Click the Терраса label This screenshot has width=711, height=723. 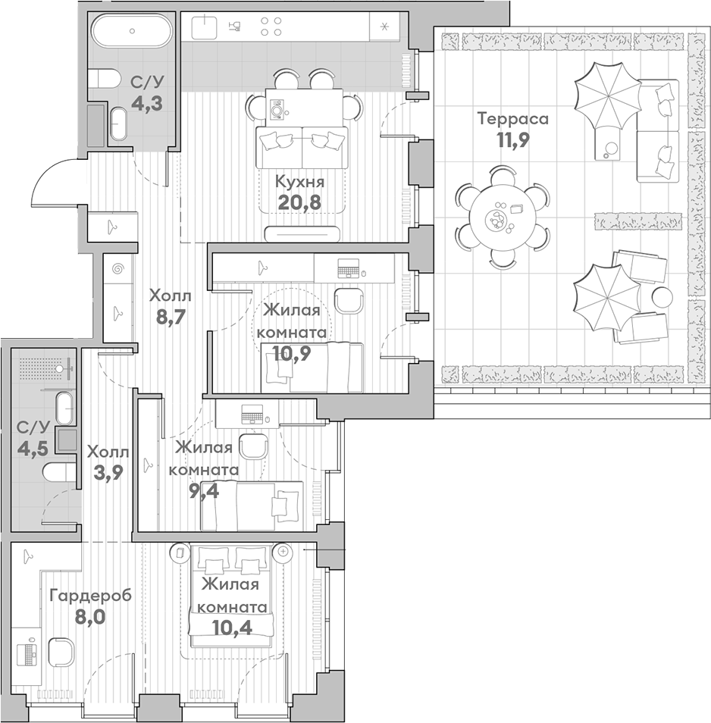(x=512, y=119)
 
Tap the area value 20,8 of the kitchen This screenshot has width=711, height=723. (x=299, y=202)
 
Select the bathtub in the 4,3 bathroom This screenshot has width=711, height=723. (x=132, y=31)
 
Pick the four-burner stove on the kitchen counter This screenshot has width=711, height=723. (x=271, y=27)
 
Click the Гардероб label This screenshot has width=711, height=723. (x=91, y=596)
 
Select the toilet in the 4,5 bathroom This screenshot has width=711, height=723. (x=59, y=472)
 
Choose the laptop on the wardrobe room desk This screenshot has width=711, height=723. (x=27, y=651)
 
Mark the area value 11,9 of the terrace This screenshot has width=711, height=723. (x=512, y=140)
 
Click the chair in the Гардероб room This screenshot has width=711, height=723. (x=60, y=652)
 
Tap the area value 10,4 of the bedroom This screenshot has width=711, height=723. (x=233, y=627)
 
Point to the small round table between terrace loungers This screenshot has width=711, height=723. (x=662, y=296)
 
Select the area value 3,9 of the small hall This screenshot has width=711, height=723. (x=108, y=473)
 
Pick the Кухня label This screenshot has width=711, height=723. (x=299, y=182)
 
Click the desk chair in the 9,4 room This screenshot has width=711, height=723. (x=253, y=446)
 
